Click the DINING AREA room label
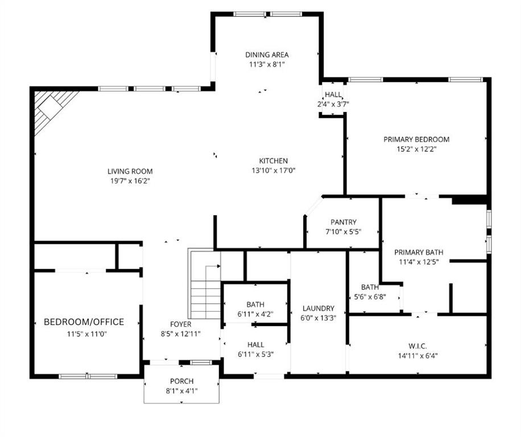[267, 55]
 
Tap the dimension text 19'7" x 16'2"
[130, 181]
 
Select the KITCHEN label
[274, 161]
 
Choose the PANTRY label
[343, 222]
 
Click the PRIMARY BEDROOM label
[416, 139]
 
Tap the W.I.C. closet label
[417, 346]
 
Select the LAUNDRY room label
[318, 308]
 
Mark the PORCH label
[181, 381]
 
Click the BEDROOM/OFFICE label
[84, 322]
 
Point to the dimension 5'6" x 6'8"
[370, 296]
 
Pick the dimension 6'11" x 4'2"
[255, 314]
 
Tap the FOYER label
[181, 324]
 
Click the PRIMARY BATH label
[419, 252]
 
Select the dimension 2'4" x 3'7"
[333, 104]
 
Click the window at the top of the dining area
[267, 14]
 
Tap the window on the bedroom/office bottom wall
[88, 376]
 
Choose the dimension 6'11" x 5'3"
[255, 354]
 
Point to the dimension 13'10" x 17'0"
[274, 171]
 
